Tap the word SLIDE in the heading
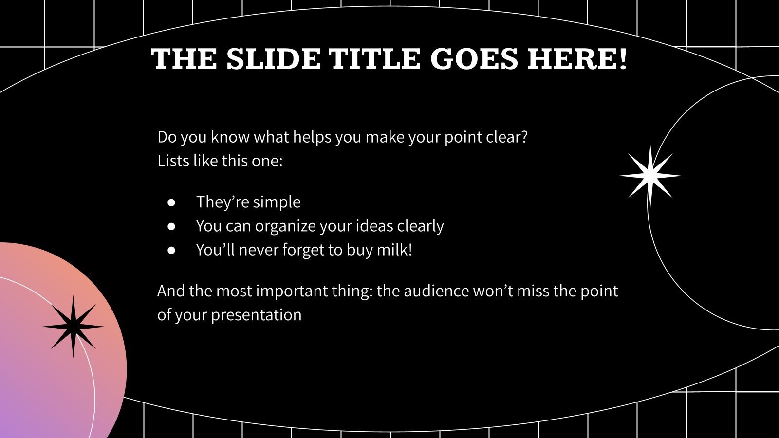pyautogui.click(x=273, y=60)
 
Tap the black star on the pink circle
pyautogui.click(x=73, y=327)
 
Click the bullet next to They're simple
pyautogui.click(x=171, y=202)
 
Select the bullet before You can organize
pyautogui.click(x=171, y=226)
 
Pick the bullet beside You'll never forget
pyautogui.click(x=171, y=250)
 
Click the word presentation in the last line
pyautogui.click(x=256, y=315)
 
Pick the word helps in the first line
pyautogui.click(x=312, y=137)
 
